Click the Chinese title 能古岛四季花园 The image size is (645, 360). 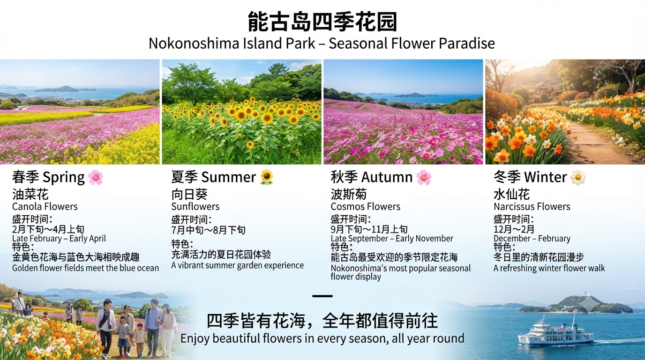click(322, 22)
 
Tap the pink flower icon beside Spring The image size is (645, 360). click(96, 177)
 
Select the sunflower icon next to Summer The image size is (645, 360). click(267, 177)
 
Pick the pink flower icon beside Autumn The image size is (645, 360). click(424, 177)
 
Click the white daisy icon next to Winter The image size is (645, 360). click(578, 177)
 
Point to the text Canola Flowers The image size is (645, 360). click(45, 207)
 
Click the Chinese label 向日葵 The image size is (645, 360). click(189, 195)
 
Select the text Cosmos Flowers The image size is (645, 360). click(366, 207)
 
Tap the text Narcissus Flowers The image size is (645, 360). click(532, 207)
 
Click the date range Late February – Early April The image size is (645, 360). click(59, 239)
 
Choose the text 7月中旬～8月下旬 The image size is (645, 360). click(208, 230)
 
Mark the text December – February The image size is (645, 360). click(532, 239)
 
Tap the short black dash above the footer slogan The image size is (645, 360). click(322, 296)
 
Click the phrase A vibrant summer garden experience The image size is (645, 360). click(237, 265)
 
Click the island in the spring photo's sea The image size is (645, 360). click(65, 89)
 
